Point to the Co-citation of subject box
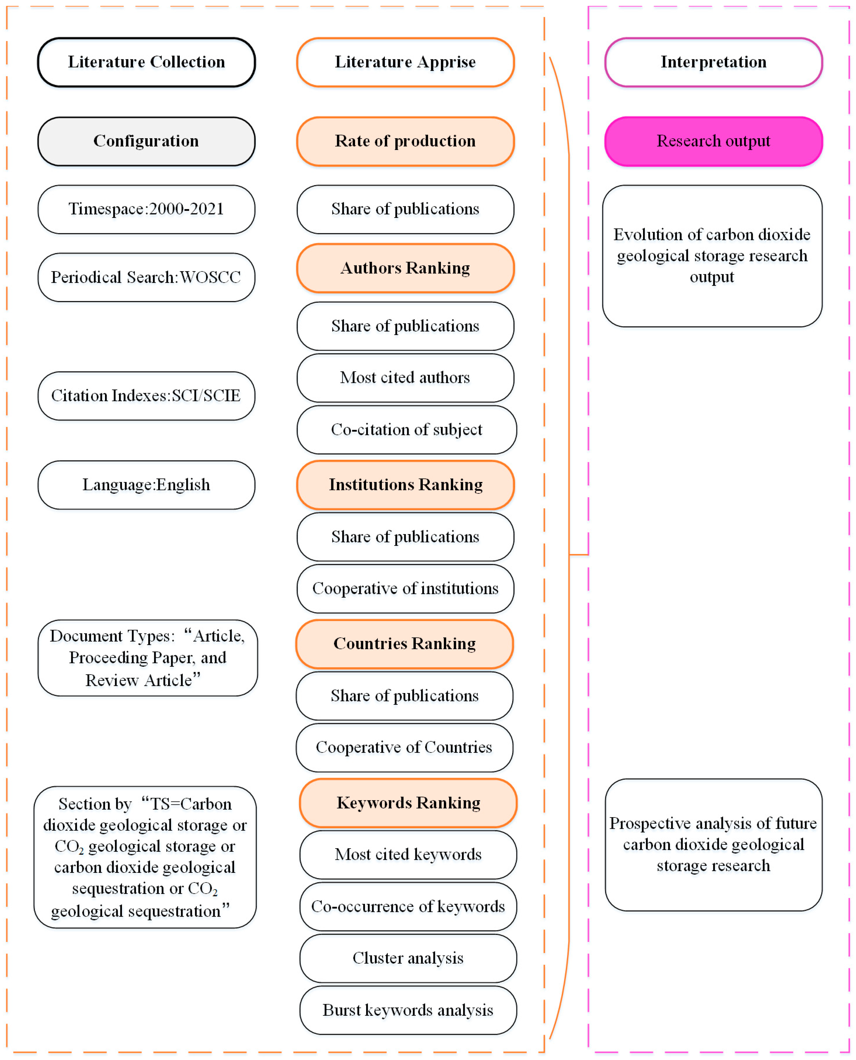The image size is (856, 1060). [x=406, y=429]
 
